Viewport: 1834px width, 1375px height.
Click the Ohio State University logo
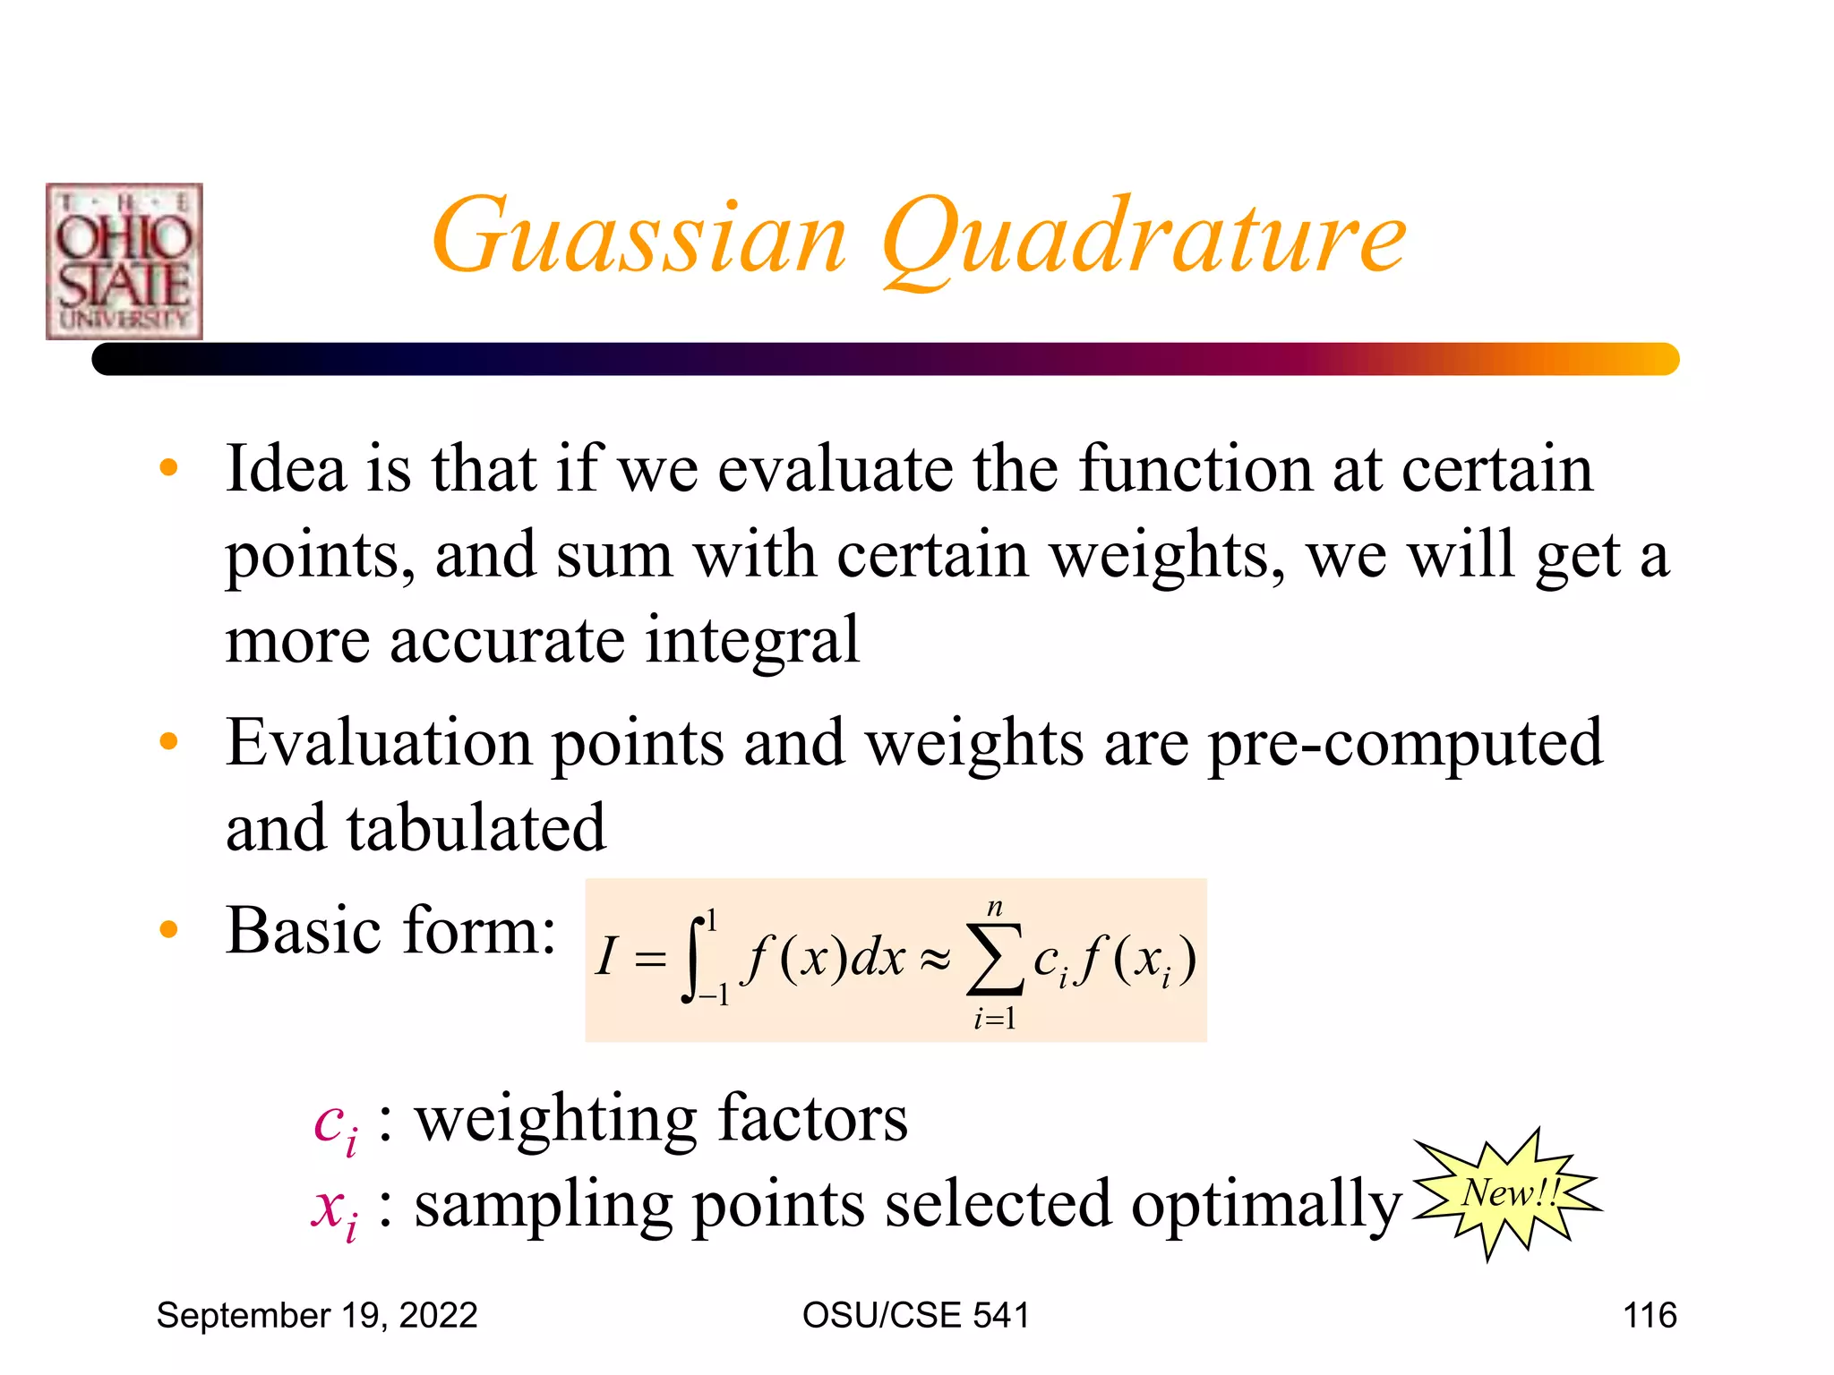(x=124, y=261)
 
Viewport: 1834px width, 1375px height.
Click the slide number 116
(x=1650, y=1315)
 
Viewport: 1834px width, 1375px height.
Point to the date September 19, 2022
(x=317, y=1315)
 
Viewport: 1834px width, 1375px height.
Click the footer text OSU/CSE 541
(x=915, y=1315)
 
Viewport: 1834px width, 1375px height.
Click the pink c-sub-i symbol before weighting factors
(x=336, y=1124)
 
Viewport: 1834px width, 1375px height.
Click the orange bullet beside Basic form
(x=168, y=929)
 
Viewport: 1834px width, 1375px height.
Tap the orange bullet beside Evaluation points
(x=168, y=741)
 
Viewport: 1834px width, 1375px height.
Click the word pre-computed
(x=1405, y=745)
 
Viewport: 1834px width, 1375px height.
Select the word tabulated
(x=476, y=828)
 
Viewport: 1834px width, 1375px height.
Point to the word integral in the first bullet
(x=752, y=641)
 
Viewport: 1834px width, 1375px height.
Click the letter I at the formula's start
(x=607, y=956)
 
